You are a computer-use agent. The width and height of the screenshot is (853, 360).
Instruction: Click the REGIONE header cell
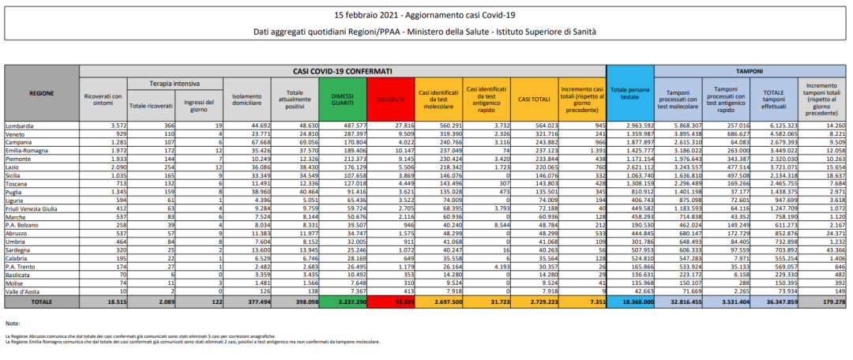click(x=42, y=92)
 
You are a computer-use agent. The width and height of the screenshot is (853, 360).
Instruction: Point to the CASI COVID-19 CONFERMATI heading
click(x=343, y=71)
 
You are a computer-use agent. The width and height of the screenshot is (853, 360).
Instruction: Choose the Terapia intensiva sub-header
click(x=175, y=83)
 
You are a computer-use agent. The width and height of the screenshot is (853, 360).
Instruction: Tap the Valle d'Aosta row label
click(x=22, y=292)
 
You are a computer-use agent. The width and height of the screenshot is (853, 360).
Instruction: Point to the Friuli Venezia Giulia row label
click(x=32, y=208)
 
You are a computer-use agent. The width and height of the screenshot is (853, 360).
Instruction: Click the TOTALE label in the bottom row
click(x=42, y=302)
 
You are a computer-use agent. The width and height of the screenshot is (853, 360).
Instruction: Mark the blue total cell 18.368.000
click(x=635, y=302)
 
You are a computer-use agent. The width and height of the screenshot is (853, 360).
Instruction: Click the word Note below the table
click(x=12, y=324)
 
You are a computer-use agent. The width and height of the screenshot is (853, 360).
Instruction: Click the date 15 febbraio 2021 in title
click(x=367, y=15)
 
